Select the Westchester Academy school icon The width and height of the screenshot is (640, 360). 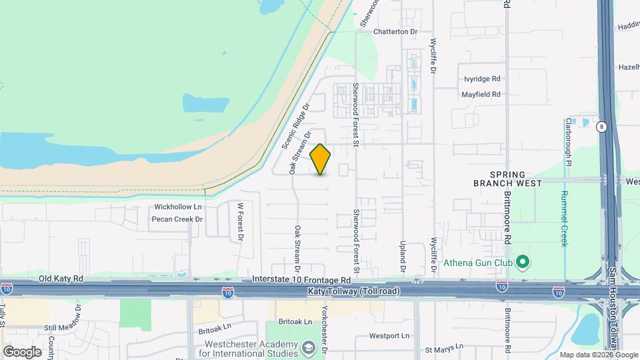click(309, 347)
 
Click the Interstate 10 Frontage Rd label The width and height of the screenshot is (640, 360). click(301, 280)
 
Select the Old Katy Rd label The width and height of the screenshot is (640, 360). click(61, 279)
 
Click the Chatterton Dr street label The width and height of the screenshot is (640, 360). click(395, 31)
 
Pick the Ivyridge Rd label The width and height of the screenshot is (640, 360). click(482, 79)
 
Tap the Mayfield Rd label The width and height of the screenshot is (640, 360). click(481, 95)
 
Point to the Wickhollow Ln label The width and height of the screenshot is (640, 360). click(177, 207)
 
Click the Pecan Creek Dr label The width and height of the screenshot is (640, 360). click(177, 219)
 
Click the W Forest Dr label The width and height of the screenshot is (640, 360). click(241, 222)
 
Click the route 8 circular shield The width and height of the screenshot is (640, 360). click(601, 127)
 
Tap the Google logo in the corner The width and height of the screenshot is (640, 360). click(21, 351)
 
